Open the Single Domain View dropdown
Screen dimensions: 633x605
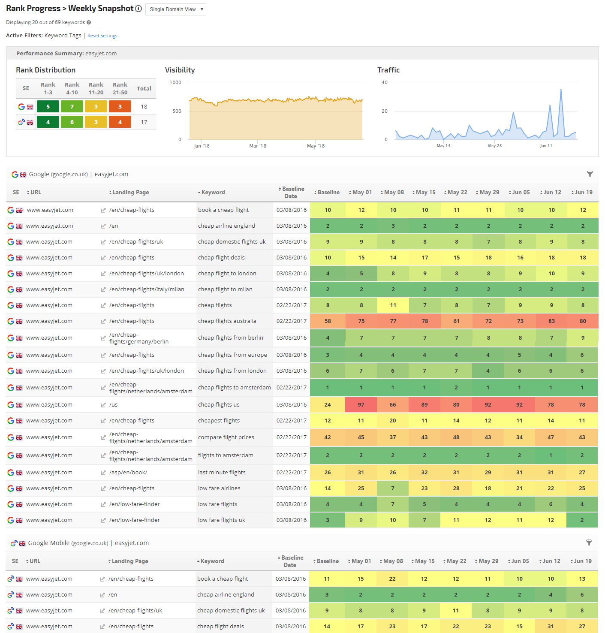[x=176, y=9]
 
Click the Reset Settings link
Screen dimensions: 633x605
[x=102, y=36]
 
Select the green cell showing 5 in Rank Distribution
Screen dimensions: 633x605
[x=48, y=106]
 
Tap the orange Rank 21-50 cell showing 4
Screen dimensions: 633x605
[x=120, y=122]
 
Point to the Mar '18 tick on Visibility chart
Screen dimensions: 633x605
[x=258, y=146]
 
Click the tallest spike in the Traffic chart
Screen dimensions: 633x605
[x=561, y=90]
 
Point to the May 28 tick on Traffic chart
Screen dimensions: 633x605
[x=495, y=146]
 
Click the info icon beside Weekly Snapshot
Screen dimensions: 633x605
[x=138, y=9]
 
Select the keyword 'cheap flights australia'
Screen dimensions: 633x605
[x=227, y=321]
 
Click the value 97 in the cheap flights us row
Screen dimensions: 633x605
[x=361, y=405]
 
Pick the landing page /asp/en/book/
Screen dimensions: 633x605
[x=128, y=473]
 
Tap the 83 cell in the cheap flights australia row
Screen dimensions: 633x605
[x=551, y=321]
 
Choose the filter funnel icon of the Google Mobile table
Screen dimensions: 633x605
[x=589, y=543]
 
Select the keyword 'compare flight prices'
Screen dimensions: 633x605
[x=226, y=437]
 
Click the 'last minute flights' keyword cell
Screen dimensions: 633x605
[x=222, y=473]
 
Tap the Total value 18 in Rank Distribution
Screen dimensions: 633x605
[x=144, y=107]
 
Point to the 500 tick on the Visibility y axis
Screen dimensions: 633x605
[x=177, y=111]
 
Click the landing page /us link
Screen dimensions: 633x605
[x=113, y=405]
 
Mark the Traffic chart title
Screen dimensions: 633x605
[x=388, y=70]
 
